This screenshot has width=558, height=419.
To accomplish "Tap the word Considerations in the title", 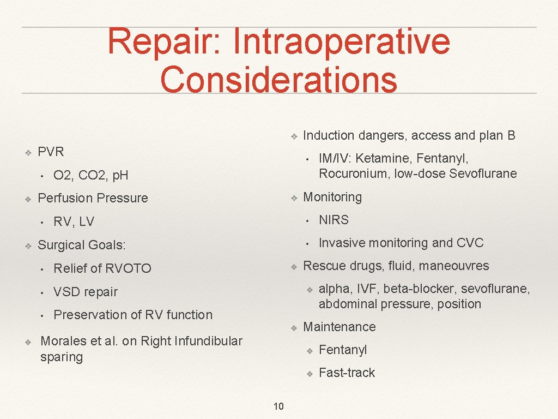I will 278,79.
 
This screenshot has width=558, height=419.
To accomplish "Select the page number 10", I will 278,406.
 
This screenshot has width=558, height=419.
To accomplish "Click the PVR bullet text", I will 51,152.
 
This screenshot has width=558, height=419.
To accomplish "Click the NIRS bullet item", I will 333,220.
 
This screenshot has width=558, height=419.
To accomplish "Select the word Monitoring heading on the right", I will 332,197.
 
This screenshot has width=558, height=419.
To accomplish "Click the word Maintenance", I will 339,327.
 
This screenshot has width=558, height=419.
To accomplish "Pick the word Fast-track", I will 347,373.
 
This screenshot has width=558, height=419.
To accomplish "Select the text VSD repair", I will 86,292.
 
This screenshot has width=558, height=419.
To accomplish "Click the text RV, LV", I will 74,222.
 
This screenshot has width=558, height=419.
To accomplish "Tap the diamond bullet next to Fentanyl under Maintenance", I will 308,350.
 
